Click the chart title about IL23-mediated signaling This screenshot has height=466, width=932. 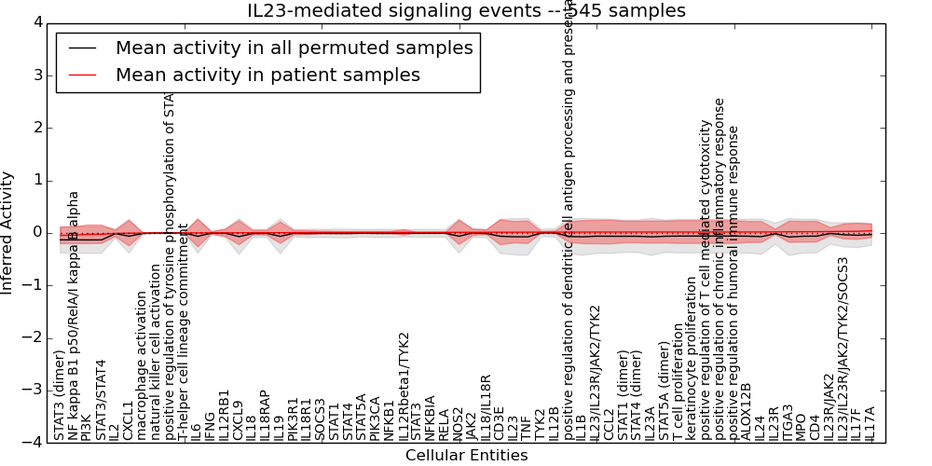pyautogui.click(x=466, y=10)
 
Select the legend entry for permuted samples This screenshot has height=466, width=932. pyautogui.click(x=294, y=48)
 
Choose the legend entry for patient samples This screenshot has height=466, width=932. pyautogui.click(x=267, y=75)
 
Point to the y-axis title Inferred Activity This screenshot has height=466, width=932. pyautogui.click(x=8, y=232)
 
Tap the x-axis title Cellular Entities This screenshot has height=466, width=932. pyautogui.click(x=466, y=455)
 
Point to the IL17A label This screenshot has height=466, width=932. pyautogui.click(x=870, y=422)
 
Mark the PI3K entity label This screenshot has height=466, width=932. pyautogui.click(x=87, y=425)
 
